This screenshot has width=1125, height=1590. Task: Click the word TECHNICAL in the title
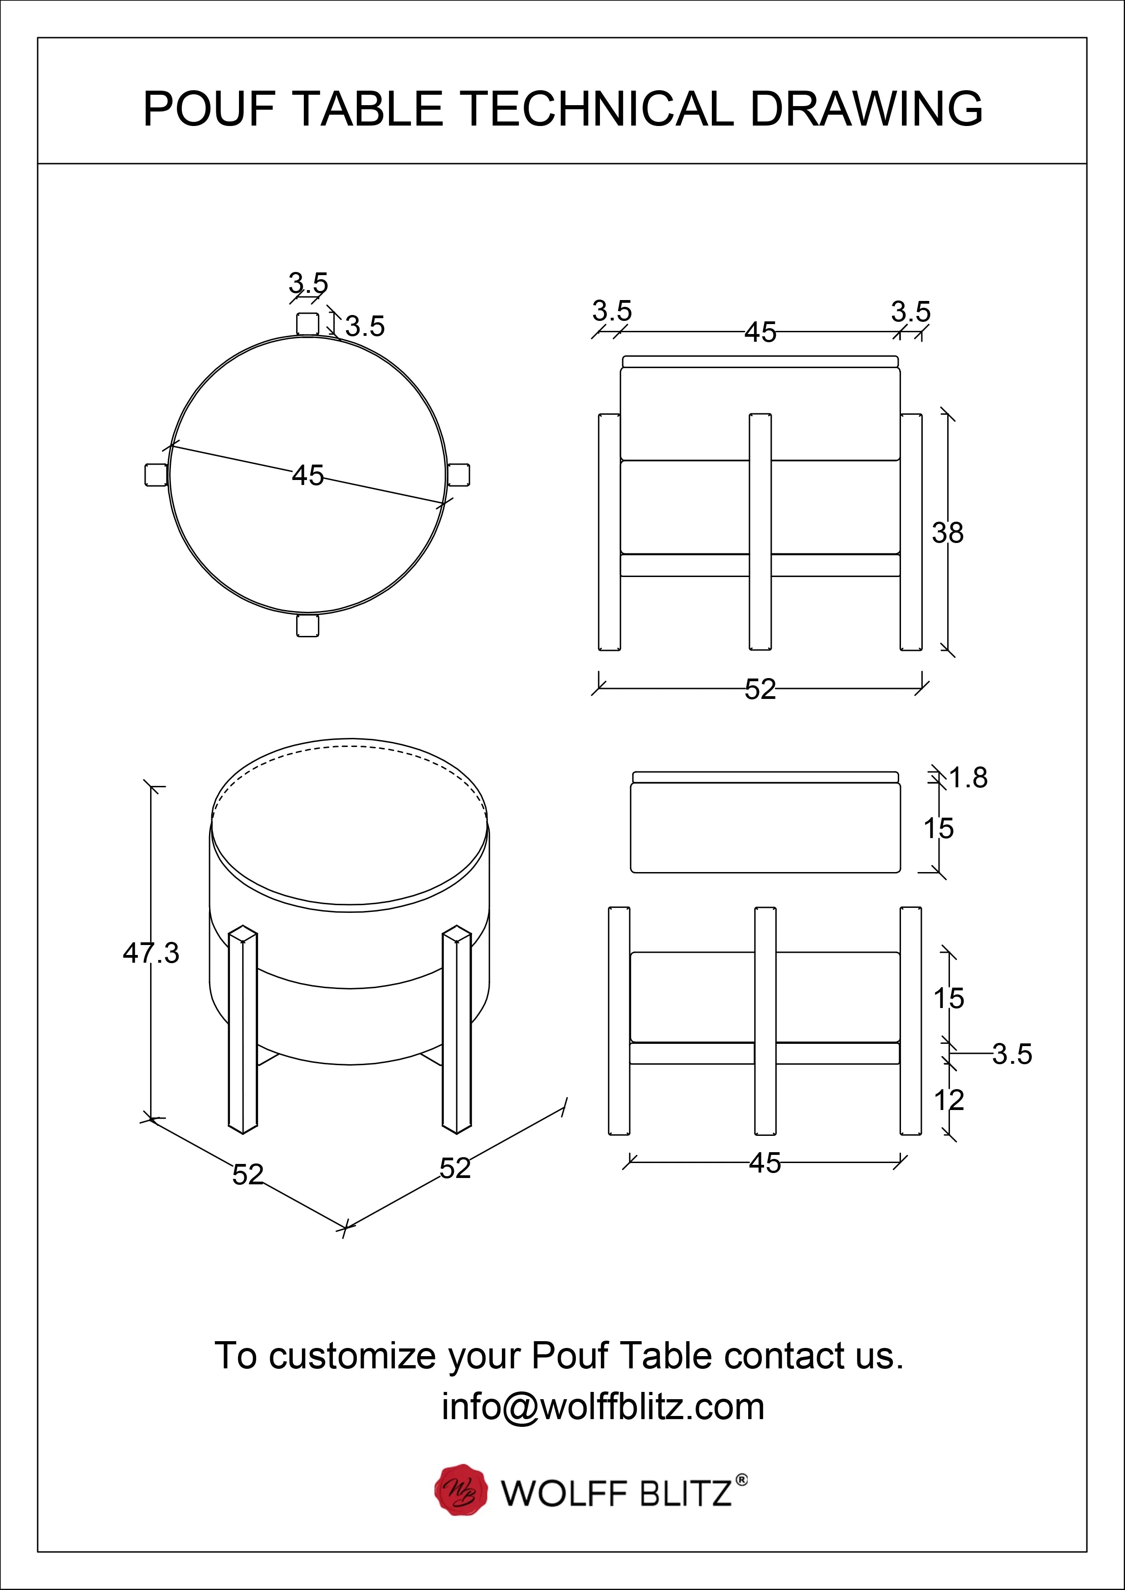[596, 109]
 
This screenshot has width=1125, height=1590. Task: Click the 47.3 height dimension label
[151, 954]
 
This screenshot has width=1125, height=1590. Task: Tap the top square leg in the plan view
[307, 324]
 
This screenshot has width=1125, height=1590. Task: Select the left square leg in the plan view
[156, 475]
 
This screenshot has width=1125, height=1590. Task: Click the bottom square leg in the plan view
[307, 625]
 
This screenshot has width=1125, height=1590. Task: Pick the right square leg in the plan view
[458, 475]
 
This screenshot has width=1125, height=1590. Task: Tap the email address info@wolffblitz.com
[603, 1406]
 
